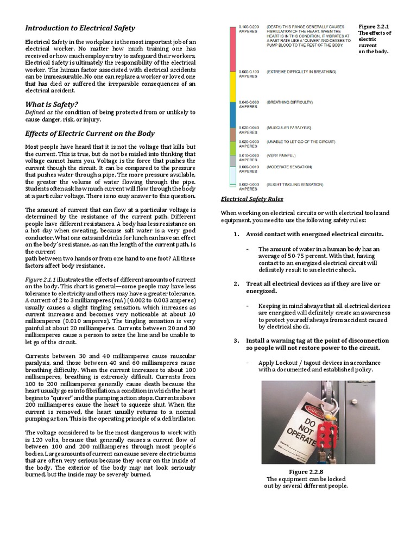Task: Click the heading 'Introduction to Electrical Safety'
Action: coord(80,28)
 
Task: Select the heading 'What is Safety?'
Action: coord(52,104)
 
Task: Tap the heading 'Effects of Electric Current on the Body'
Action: coord(90,134)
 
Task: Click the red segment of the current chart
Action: coord(232,47)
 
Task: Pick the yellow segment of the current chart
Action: coord(232,86)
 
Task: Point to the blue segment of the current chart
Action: coord(232,115)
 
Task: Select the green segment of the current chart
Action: coord(232,148)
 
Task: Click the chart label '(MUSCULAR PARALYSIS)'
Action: coord(289,128)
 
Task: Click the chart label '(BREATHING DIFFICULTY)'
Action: coord(290,102)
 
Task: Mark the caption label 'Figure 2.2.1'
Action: coord(374,26)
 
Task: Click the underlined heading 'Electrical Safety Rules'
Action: coord(252,199)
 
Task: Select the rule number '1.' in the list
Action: coord(236,234)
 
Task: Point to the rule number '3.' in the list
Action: coord(236,340)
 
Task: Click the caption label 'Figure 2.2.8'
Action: coord(306,472)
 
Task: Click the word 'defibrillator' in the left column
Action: coord(174,418)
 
